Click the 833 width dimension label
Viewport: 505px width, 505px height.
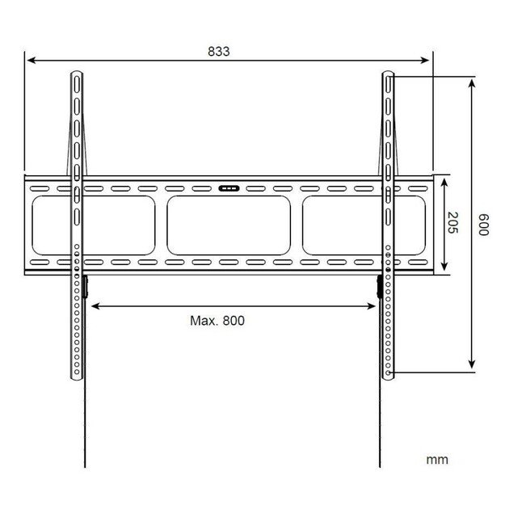point(218,51)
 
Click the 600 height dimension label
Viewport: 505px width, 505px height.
point(483,225)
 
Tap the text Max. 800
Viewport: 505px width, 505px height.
point(217,320)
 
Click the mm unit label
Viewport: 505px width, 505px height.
point(436,460)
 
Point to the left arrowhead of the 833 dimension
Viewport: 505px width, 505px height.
point(29,60)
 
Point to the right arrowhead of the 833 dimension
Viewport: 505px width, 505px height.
point(429,60)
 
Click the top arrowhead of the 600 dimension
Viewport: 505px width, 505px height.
point(472,82)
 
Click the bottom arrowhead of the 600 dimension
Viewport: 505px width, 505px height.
point(472,368)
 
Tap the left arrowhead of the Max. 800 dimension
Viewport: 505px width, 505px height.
point(90,305)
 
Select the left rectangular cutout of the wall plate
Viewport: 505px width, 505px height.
point(52,225)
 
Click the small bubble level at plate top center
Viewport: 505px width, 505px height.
point(229,188)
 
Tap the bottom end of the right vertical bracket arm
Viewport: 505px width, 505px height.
point(389,377)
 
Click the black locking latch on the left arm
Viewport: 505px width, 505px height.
point(84,287)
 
